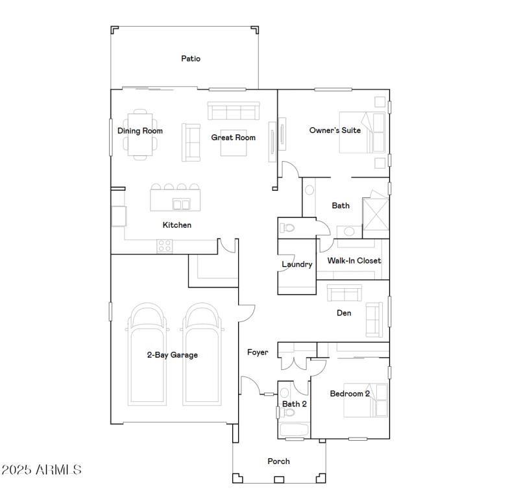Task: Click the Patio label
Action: (191, 58)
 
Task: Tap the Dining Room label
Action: (140, 130)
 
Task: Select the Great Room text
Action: (234, 138)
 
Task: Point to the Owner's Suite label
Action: (335, 130)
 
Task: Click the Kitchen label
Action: (177, 225)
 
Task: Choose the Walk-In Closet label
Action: (354, 261)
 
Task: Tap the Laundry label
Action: (297, 264)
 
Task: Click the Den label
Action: (344, 314)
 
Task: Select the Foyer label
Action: (258, 352)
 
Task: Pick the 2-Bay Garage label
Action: (173, 355)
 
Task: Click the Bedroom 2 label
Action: (350, 394)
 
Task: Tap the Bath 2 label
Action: (295, 404)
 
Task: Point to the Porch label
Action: (279, 461)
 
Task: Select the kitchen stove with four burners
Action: (165, 246)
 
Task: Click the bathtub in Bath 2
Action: (294, 430)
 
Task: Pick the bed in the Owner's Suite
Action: (363, 132)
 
